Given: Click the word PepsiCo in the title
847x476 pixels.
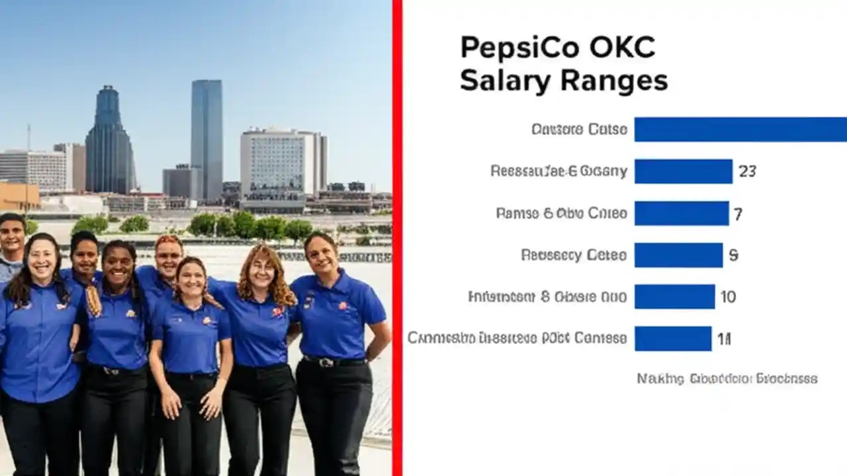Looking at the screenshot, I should tap(513, 49).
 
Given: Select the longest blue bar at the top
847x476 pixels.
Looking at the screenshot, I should tap(740, 130).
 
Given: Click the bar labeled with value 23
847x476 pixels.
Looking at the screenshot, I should tap(683, 171).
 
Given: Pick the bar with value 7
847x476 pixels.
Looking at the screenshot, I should tap(681, 214).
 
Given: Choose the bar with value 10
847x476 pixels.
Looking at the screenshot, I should tap(674, 297).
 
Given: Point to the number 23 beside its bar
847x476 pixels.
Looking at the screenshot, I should tap(747, 171).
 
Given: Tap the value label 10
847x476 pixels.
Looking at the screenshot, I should tap(728, 297).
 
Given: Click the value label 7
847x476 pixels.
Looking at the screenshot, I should tap(738, 214).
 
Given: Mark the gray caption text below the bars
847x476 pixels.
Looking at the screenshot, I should tap(727, 379).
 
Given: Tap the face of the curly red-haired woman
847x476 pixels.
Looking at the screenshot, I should tap(262, 267).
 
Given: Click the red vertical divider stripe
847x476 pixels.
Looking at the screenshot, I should tap(397, 238).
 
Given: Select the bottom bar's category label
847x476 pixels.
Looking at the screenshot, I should tap(517, 338).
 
